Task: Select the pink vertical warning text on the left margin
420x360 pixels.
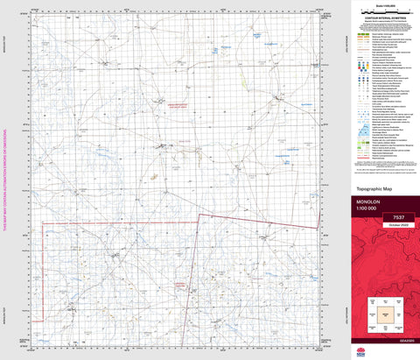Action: click(4, 180)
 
